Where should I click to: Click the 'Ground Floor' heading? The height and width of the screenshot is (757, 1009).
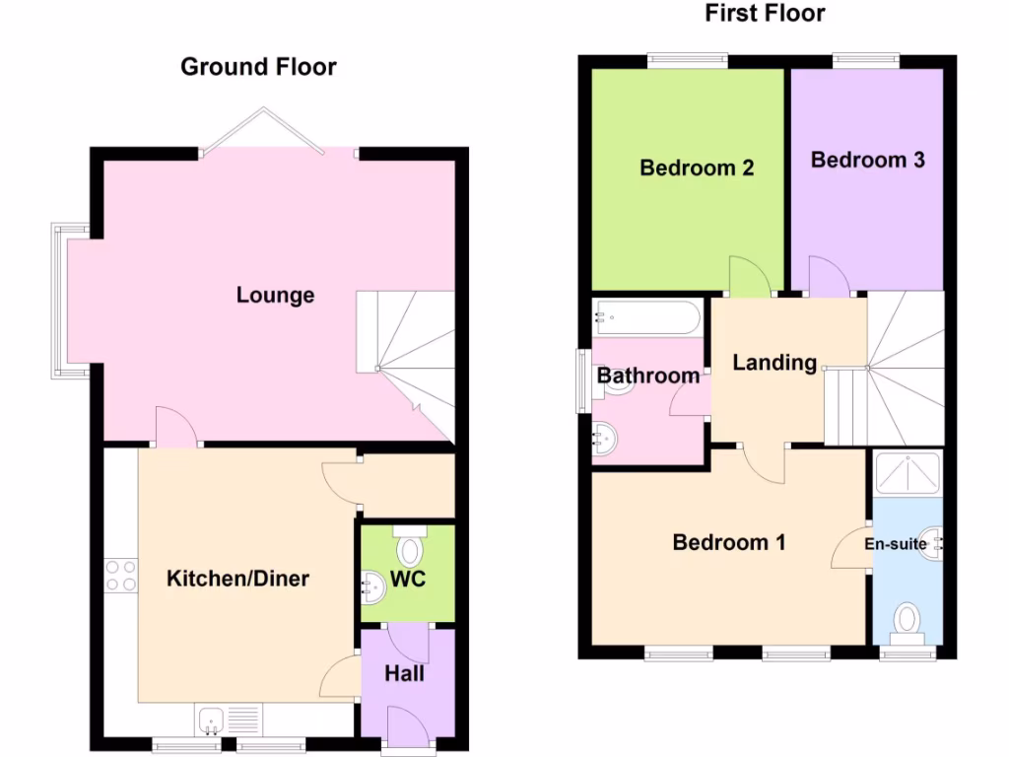(258, 67)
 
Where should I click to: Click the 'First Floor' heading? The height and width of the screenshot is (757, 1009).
(765, 13)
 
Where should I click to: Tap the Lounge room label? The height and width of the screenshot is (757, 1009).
(275, 295)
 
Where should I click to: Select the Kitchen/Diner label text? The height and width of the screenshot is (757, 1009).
(237, 578)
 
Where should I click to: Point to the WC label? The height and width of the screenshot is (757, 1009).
(408, 579)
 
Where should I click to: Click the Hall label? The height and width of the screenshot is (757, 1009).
(405, 673)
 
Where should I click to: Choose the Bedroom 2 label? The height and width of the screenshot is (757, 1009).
(697, 168)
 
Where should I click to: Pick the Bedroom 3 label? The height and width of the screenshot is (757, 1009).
(867, 160)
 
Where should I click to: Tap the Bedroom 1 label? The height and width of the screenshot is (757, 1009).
(728, 542)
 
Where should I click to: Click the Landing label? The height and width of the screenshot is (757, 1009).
(774, 363)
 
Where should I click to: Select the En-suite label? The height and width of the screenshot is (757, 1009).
(896, 543)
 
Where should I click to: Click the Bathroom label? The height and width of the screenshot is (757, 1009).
(648, 376)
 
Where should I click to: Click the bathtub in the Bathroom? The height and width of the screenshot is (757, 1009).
(647, 318)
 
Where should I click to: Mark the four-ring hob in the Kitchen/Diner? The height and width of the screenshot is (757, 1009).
(121, 576)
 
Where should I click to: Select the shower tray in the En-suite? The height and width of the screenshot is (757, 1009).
(908, 473)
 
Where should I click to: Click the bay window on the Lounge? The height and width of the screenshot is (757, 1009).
(63, 301)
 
